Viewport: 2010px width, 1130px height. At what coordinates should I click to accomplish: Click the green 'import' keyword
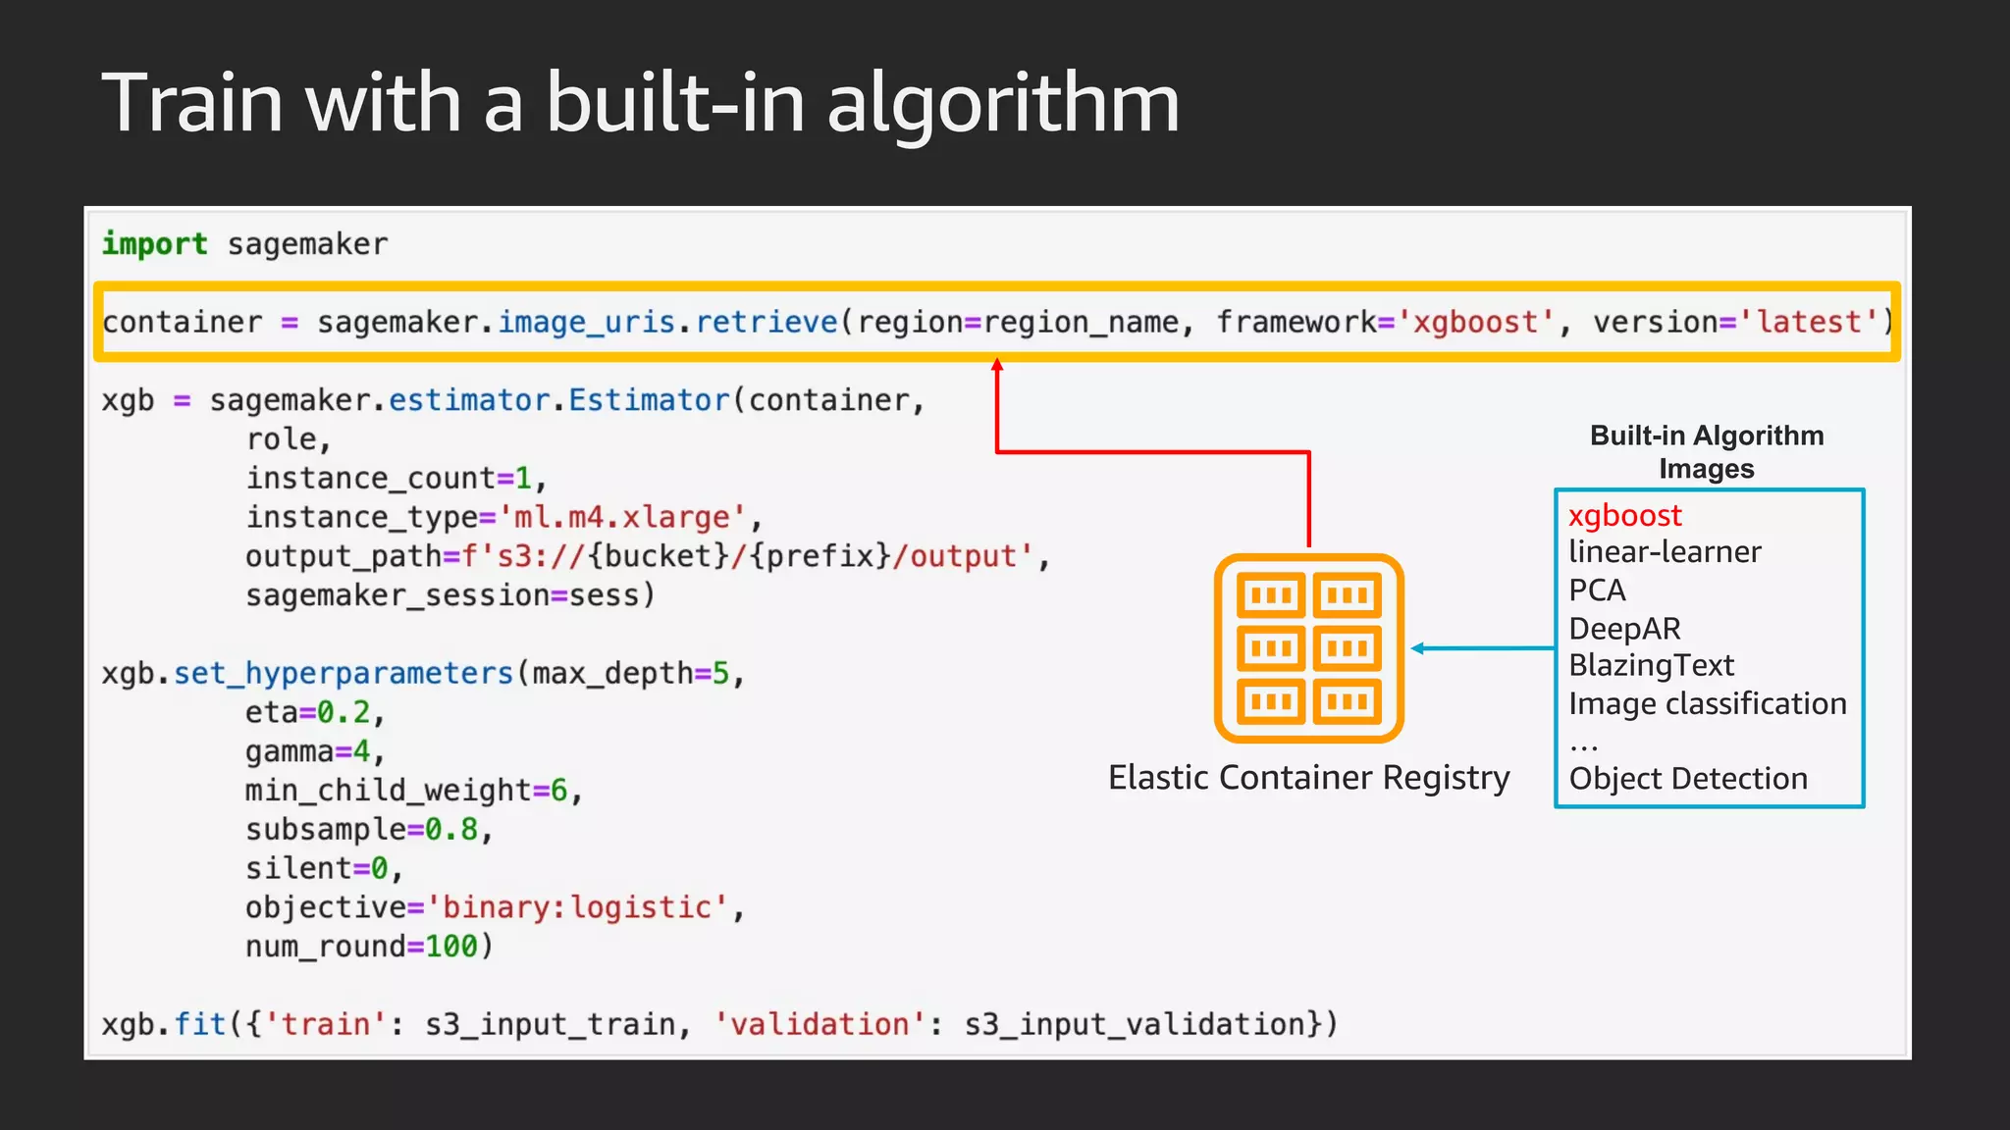click(155, 243)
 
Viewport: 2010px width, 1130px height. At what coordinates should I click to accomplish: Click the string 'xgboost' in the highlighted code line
click(1476, 322)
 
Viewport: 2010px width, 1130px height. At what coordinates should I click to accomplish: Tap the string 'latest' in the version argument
click(1810, 322)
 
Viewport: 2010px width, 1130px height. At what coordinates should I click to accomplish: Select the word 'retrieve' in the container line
click(767, 322)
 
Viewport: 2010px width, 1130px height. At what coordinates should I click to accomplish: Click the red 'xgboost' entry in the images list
click(1624, 515)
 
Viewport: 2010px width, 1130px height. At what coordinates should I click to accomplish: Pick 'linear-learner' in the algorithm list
click(1665, 552)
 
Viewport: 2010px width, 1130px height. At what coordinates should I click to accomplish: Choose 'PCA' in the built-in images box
click(1597, 591)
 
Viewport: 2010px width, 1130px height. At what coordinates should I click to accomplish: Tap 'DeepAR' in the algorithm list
click(1624, 629)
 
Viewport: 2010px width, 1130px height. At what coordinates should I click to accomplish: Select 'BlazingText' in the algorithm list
click(1651, 666)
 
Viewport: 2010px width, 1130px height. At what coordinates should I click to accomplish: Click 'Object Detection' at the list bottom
click(1688, 779)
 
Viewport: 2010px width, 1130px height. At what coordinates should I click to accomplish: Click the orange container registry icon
click(1308, 648)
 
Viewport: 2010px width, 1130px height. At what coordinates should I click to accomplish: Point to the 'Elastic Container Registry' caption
click(1308, 778)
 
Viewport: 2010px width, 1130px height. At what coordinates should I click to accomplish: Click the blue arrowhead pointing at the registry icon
click(1418, 648)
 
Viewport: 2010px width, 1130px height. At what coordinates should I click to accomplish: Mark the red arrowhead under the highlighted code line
click(997, 366)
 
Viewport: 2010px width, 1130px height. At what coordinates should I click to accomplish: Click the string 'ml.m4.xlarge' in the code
click(622, 517)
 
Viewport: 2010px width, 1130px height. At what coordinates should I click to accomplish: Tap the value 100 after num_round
click(450, 947)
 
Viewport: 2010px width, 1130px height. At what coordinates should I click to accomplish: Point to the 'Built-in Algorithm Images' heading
click(1707, 452)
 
